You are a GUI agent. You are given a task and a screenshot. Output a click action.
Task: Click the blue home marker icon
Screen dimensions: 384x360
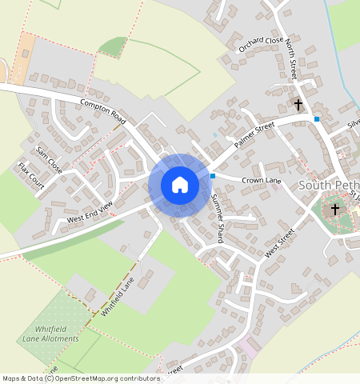[x=180, y=185]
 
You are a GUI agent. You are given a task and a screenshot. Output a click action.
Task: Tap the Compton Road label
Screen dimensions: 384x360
[x=104, y=111]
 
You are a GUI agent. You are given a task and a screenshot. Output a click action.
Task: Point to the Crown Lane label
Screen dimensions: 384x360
[x=262, y=182]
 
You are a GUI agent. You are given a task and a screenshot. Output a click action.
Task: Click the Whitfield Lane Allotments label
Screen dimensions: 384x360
[x=51, y=334]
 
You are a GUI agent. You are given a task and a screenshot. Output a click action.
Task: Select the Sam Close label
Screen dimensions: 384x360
[x=49, y=160]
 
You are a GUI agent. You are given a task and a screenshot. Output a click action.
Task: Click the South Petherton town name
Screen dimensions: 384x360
[x=329, y=185]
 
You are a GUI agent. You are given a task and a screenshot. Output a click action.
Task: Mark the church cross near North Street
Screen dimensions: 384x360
[x=298, y=105]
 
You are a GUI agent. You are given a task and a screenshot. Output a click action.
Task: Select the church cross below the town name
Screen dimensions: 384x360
[x=335, y=210]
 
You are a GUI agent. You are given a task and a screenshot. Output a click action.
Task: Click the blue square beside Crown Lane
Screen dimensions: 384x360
[x=213, y=175]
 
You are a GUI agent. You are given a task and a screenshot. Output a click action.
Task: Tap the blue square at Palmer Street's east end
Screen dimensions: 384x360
[x=317, y=119]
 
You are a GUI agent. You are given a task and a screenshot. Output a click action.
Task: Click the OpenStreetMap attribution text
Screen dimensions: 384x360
[x=81, y=378]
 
